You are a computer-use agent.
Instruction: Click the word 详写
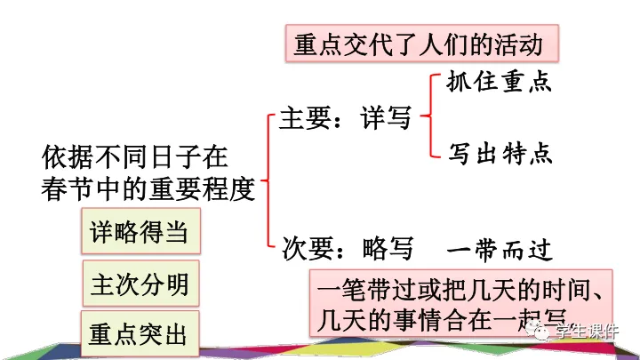pos(386,118)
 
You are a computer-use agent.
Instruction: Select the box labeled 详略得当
pos(139,232)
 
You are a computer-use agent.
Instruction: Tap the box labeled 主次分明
pos(140,284)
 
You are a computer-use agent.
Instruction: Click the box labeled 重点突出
pos(139,336)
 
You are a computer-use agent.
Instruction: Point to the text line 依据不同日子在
pos(135,158)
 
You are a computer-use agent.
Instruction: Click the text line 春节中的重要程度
pos(148,189)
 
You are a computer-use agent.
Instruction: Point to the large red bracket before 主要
pos(268,178)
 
